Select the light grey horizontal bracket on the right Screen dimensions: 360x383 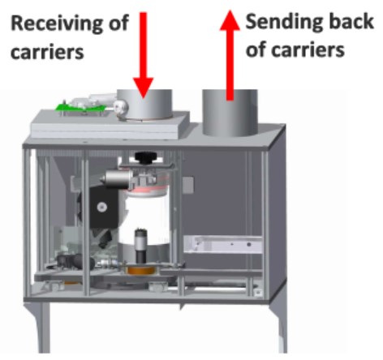pyautogui.click(x=220, y=242)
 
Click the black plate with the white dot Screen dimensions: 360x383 pyautogui.click(x=101, y=206)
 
